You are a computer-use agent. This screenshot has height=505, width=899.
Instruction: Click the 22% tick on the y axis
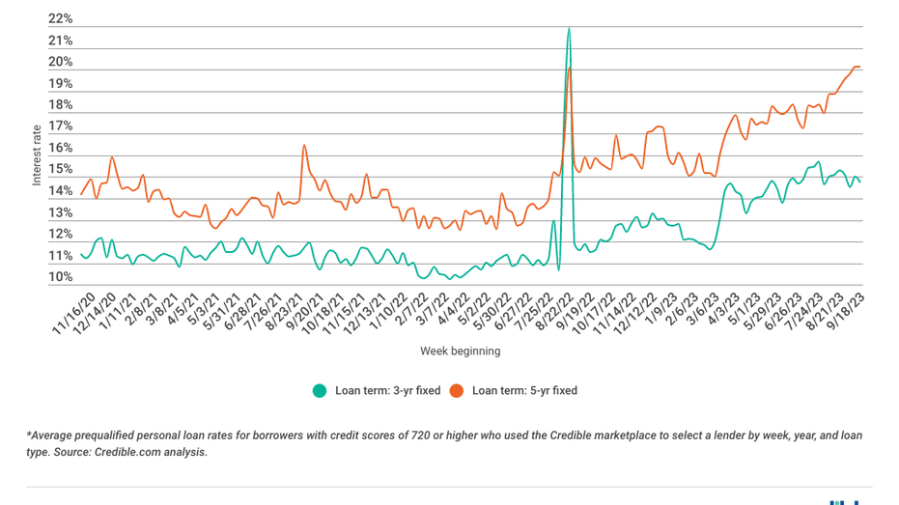click(60, 19)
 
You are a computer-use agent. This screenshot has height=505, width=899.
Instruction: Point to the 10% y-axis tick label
click(60, 278)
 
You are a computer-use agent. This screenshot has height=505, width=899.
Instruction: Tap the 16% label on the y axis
click(60, 149)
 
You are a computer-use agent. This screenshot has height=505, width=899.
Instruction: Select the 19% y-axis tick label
click(60, 84)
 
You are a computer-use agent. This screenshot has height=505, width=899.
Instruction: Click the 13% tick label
click(60, 213)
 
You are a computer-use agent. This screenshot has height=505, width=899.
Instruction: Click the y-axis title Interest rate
click(37, 154)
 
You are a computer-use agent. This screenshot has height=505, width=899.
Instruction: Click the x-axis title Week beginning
click(460, 351)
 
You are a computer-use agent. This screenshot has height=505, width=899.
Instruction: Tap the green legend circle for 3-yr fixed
click(320, 391)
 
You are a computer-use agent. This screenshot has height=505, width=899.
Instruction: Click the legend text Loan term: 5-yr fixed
click(524, 391)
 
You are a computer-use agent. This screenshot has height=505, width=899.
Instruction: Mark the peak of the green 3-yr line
click(569, 28)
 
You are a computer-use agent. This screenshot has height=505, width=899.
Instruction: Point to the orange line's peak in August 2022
click(571, 68)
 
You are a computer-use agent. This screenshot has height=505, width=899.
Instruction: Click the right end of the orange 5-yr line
click(859, 67)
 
